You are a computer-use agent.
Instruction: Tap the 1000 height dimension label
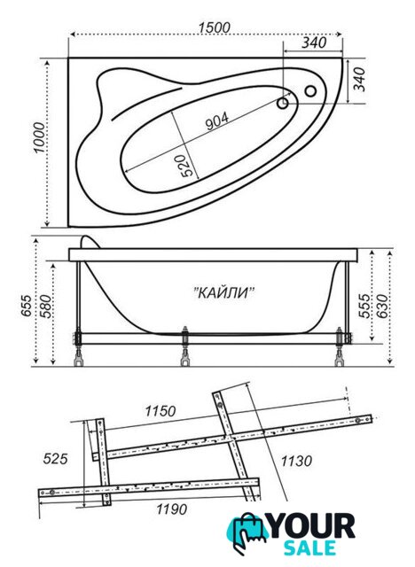coord(39,138)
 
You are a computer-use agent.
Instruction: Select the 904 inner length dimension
coord(217,120)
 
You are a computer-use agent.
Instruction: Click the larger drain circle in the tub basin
coord(283,104)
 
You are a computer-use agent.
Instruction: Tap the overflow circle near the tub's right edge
coord(310,90)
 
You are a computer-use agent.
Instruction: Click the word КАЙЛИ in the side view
coord(224,292)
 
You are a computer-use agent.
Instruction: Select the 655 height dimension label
coord(27,307)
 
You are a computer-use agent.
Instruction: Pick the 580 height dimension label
coord(46,307)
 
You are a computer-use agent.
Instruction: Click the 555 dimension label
coord(364,306)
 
